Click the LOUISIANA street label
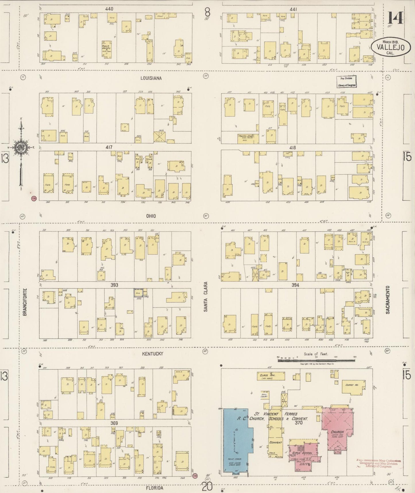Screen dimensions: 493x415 pos(151,78)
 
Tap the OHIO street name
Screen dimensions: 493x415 pos(150,216)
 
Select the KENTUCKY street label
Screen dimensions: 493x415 pos(153,353)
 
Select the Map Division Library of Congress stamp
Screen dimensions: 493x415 pos(346,81)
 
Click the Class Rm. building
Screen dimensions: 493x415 pos(271,376)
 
